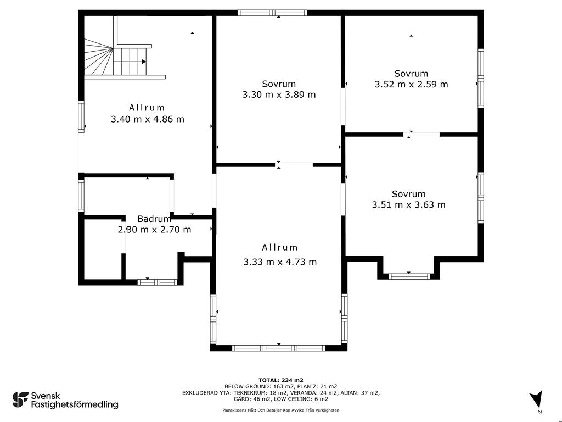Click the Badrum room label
click(154, 219)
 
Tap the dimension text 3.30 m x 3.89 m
click(279, 95)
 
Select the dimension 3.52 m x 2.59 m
click(411, 84)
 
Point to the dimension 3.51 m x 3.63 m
click(408, 205)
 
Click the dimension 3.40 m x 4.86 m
click(147, 119)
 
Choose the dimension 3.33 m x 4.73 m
click(280, 262)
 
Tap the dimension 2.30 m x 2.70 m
click(154, 230)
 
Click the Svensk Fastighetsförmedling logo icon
click(20, 400)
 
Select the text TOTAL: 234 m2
click(281, 380)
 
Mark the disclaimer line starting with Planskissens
click(280, 410)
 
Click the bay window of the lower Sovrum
click(409, 276)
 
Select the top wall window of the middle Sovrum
click(272, 13)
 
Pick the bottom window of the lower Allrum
click(279, 348)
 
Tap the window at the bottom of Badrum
click(157, 282)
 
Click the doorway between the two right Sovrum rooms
click(421, 134)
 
